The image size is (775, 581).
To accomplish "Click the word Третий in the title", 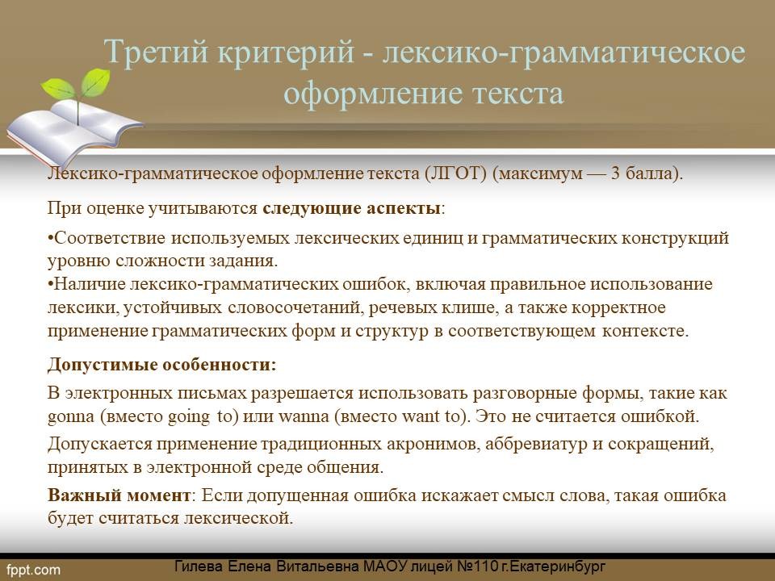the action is [156, 52].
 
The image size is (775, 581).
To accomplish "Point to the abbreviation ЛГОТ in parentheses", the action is [455, 173].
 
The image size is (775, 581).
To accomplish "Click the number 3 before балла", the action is [615, 173].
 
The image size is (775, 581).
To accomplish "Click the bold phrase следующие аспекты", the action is [351, 208].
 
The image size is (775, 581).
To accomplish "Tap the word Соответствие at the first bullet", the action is [110, 238].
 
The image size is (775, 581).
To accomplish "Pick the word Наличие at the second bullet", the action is [90, 284].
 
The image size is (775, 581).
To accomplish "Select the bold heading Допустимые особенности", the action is [162, 365].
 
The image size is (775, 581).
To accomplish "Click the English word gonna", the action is [71, 417].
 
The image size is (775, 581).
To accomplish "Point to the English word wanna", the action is [304, 416].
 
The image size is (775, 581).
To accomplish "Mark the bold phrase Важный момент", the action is [119, 495].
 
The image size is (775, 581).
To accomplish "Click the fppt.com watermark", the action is [34, 571].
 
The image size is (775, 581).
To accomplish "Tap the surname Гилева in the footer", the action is [198, 566].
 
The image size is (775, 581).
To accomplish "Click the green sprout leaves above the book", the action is [76, 85].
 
